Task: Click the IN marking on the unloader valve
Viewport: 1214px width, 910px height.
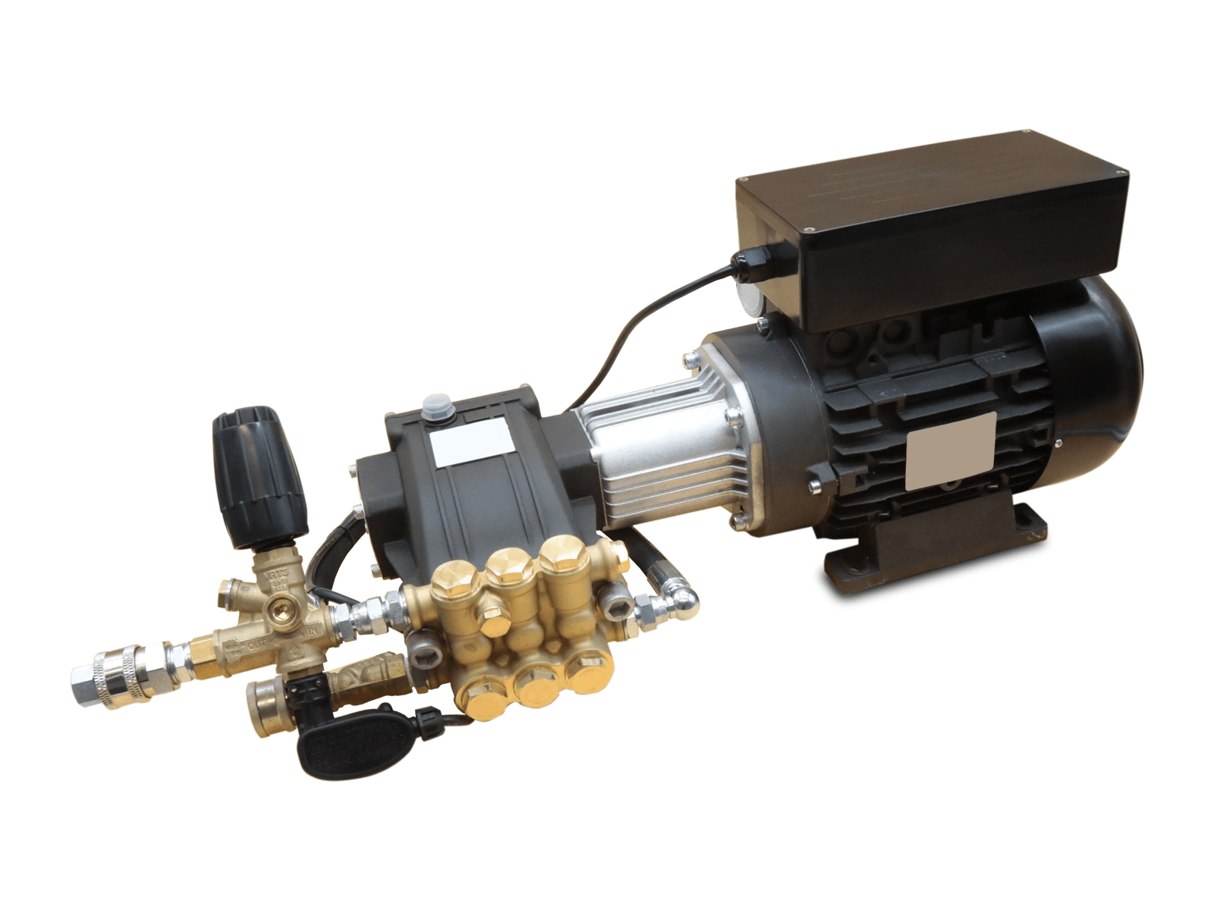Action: point(313,631)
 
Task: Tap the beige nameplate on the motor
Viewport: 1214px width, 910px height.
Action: point(951,452)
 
